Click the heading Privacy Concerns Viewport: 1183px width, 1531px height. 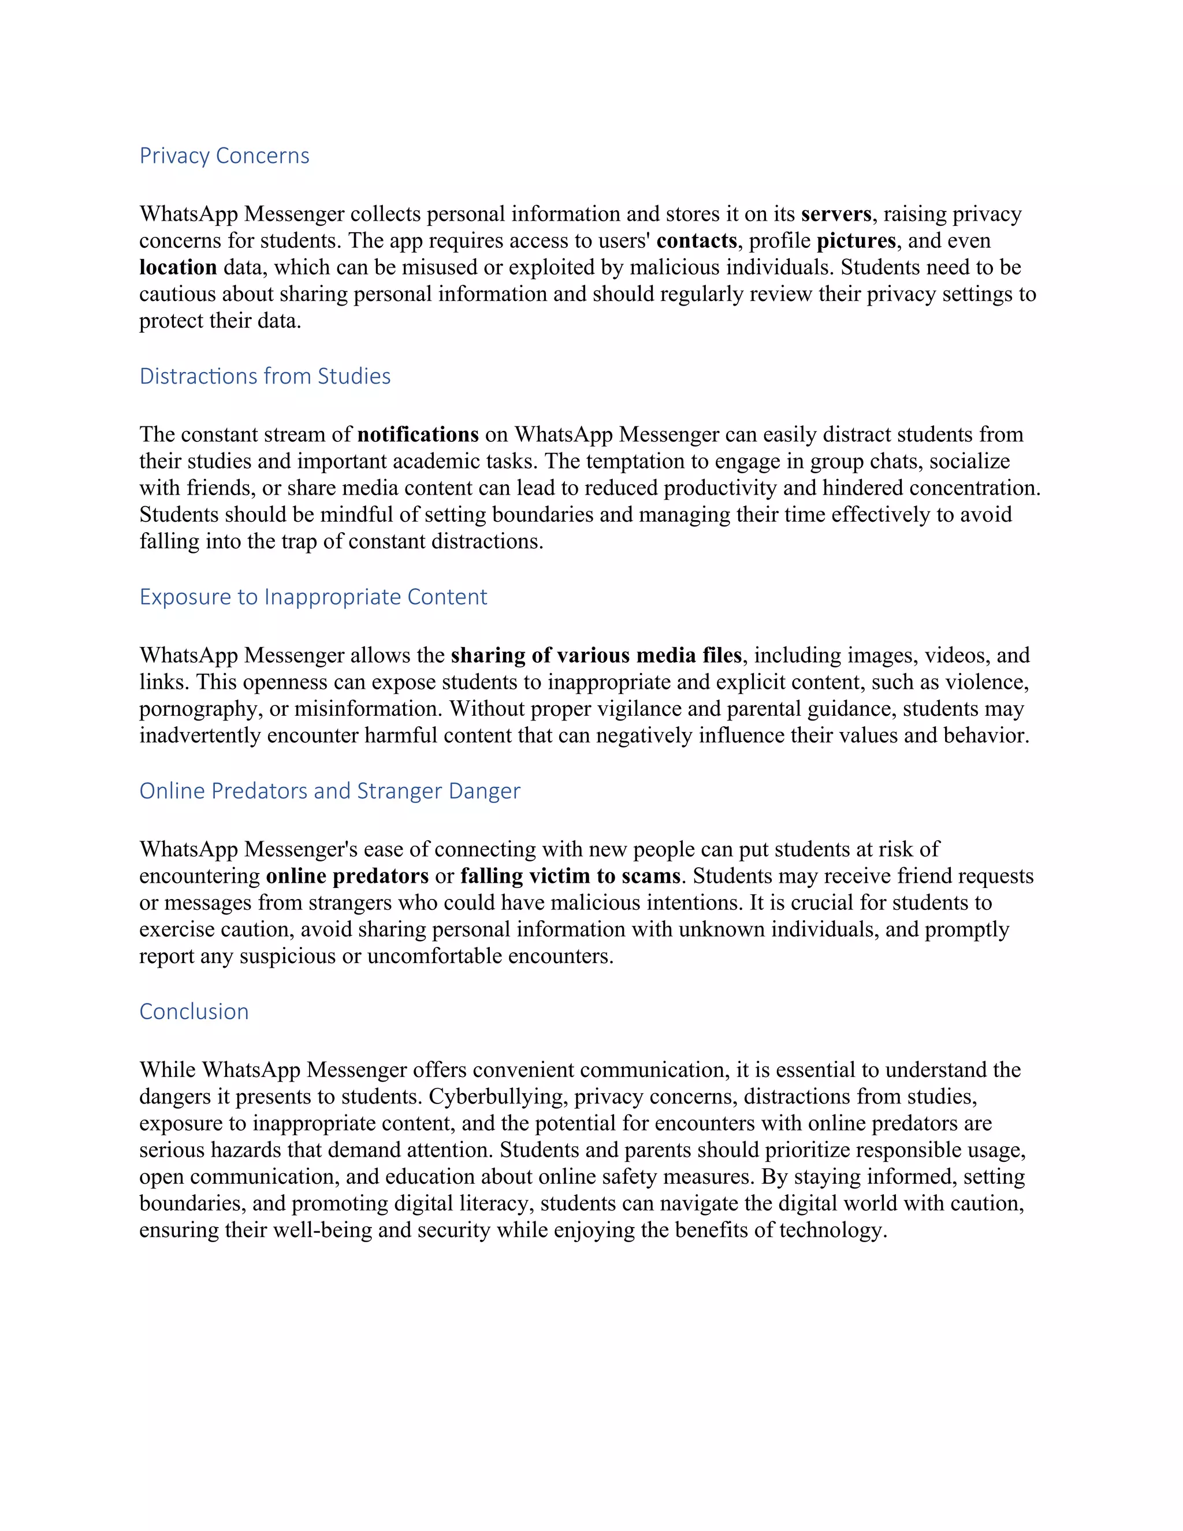(x=224, y=155)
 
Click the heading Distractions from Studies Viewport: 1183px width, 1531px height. (x=265, y=377)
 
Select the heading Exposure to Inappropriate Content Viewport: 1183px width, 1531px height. (x=313, y=597)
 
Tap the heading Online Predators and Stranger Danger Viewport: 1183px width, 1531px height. (x=329, y=791)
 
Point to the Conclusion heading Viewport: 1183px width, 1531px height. (x=194, y=1012)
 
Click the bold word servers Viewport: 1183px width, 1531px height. (x=836, y=214)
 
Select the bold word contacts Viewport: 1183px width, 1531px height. (x=697, y=240)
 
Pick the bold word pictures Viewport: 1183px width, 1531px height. (x=855, y=240)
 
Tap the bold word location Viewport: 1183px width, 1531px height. (x=178, y=267)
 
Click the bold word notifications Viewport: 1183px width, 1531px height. (x=418, y=434)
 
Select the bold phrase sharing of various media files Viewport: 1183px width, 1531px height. (x=596, y=656)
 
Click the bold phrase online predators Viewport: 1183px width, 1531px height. (x=347, y=876)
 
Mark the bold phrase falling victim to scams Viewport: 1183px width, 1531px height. (x=570, y=876)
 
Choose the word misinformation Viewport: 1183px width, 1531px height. (x=368, y=709)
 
